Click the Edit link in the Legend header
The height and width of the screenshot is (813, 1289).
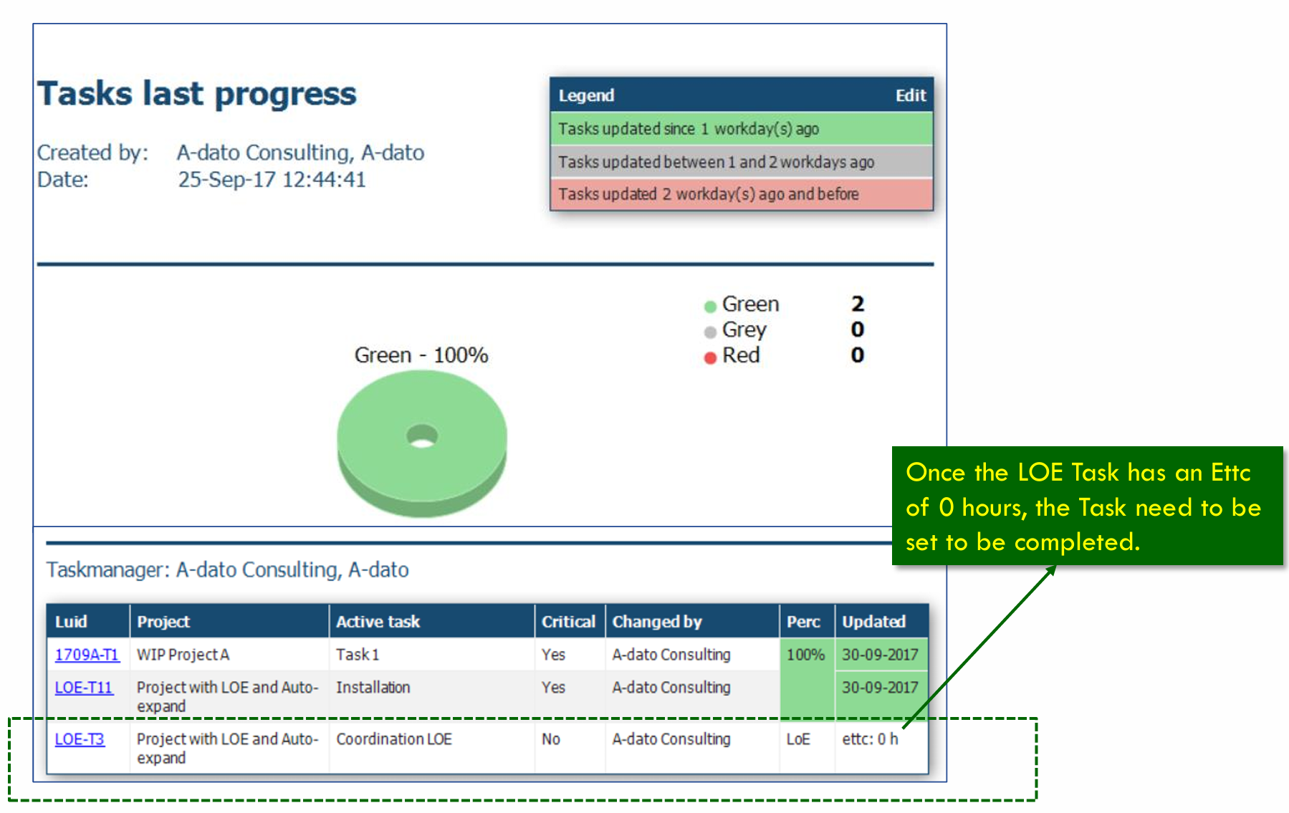(x=910, y=95)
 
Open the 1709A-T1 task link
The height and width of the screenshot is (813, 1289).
(x=87, y=655)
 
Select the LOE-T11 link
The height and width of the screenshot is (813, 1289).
(x=84, y=688)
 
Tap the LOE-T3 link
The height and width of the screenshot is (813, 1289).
(x=80, y=739)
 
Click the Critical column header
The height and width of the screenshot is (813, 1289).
(x=569, y=622)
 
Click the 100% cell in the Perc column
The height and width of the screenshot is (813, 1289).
(x=806, y=655)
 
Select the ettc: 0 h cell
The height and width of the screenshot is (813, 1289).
(x=870, y=739)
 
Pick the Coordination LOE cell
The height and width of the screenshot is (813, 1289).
(x=394, y=739)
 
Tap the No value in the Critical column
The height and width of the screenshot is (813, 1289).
(x=551, y=739)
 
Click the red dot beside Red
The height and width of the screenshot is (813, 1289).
(x=710, y=357)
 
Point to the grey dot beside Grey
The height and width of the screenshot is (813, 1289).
(x=710, y=332)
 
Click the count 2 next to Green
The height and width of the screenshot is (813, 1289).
(x=858, y=304)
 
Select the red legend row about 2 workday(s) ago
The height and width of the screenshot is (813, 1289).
(x=742, y=194)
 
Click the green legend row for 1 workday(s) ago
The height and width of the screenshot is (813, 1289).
(x=742, y=129)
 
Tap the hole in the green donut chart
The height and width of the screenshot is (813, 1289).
(x=422, y=436)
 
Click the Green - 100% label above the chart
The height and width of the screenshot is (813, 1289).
(x=421, y=355)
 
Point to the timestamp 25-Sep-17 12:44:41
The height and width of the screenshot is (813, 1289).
(x=272, y=179)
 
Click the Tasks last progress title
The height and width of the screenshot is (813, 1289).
(x=197, y=94)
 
